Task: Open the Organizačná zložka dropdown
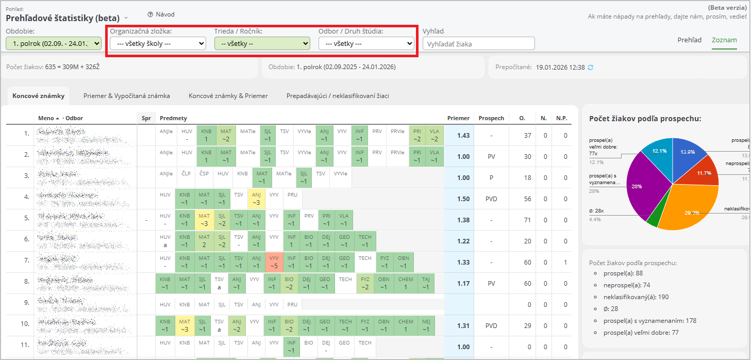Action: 158,44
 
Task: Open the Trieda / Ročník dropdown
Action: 262,44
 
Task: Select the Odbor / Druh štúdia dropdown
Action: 366,44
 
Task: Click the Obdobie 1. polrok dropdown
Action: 54,44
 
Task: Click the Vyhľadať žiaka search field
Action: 478,44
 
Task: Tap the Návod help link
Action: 161,14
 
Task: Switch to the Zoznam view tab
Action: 724,40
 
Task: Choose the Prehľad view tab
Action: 689,40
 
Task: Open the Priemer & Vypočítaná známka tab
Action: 127,96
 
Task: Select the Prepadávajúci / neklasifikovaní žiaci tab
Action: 338,96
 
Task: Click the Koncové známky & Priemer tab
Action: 228,96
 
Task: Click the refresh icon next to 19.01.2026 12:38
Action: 591,68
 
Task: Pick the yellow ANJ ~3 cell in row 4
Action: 256,199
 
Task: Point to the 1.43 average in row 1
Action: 463,135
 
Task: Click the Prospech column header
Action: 491,118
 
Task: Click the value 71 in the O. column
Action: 527,220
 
